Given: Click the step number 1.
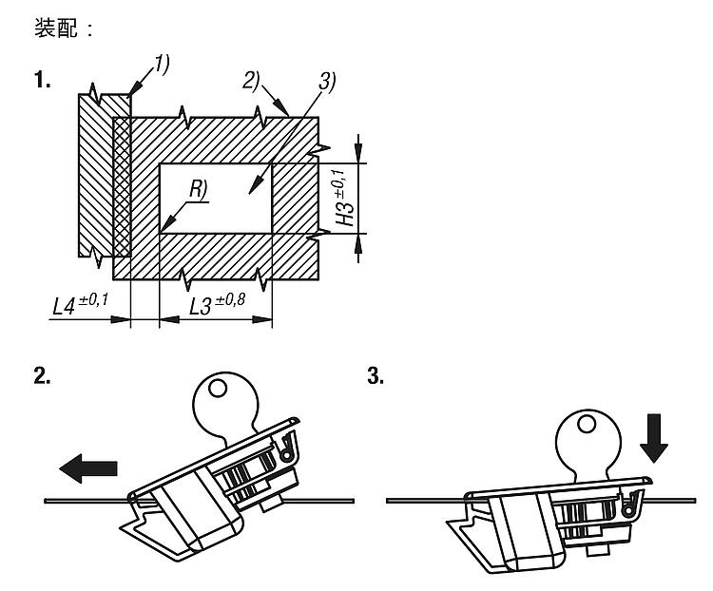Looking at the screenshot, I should pos(43,81).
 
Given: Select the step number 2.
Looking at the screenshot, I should pos(42,377).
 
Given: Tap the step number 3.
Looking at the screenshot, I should pos(376,377).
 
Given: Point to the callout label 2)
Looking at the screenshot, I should pos(251,82).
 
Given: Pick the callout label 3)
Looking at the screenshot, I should pos(327,82).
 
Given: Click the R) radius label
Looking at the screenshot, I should pos(198,190).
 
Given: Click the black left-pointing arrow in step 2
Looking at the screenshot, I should pos(87,467).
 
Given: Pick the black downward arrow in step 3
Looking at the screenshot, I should pos(655,439).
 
